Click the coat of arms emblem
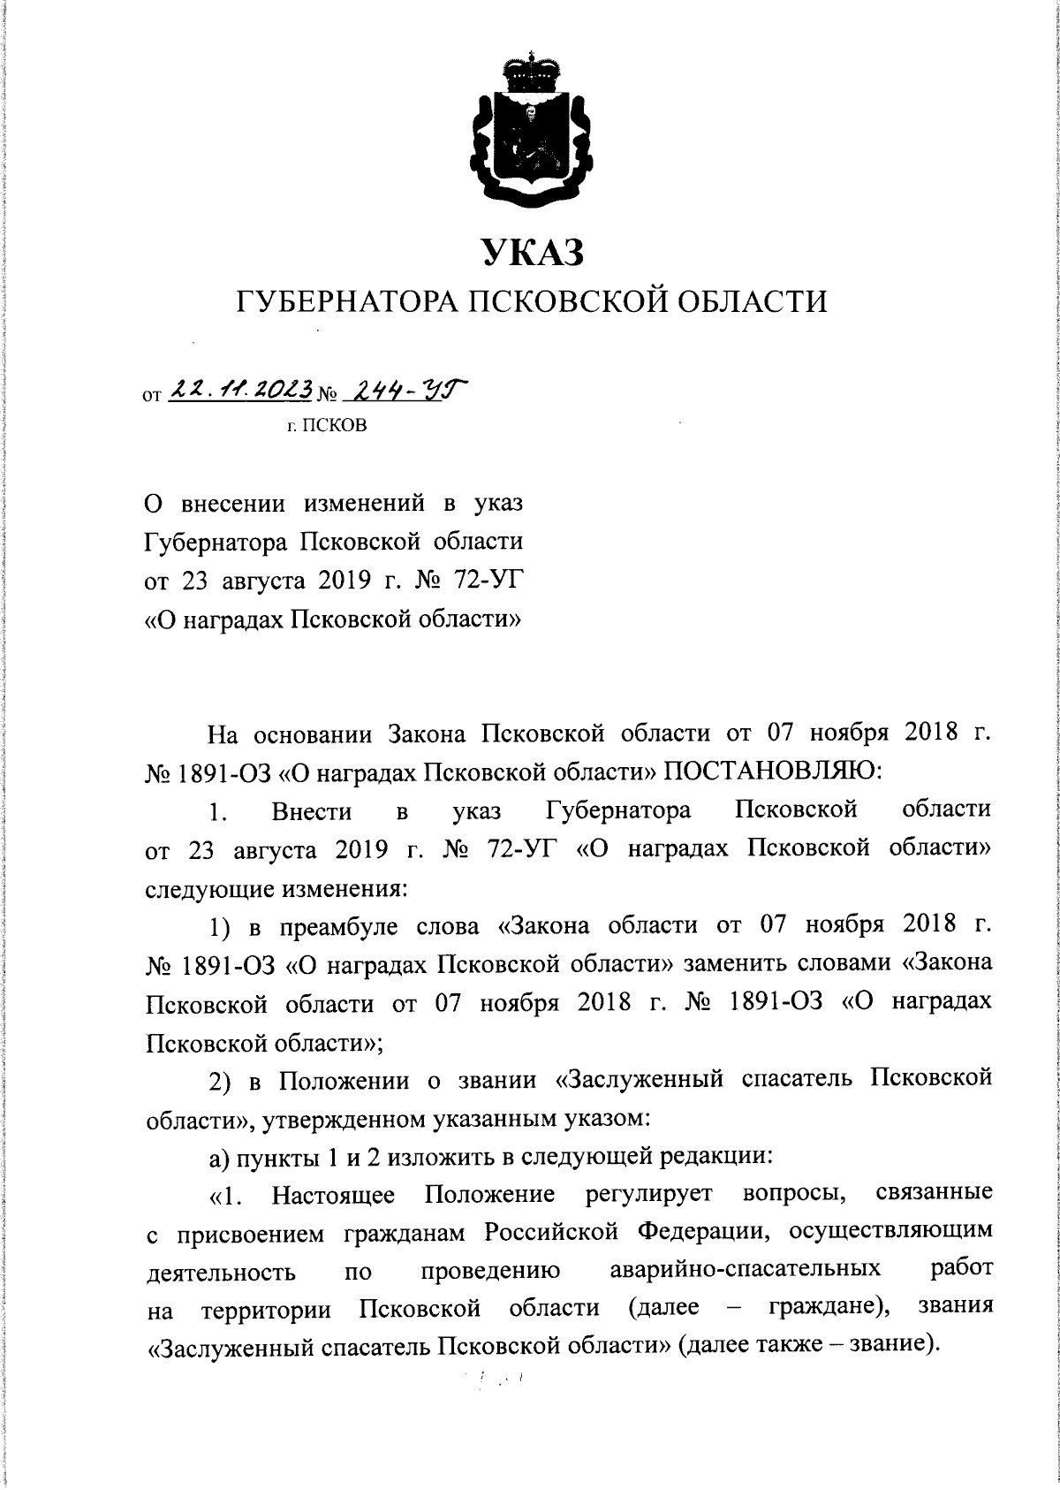point(530,133)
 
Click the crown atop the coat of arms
point(530,72)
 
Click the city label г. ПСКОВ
point(332,425)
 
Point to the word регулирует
point(648,1194)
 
